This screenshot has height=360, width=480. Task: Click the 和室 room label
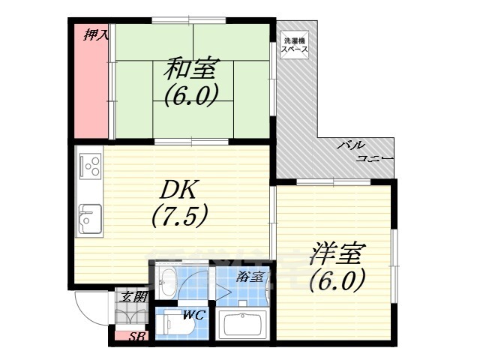(x=190, y=70)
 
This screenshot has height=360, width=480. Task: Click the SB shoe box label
(x=136, y=337)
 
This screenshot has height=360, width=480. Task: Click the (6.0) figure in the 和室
(x=190, y=95)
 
